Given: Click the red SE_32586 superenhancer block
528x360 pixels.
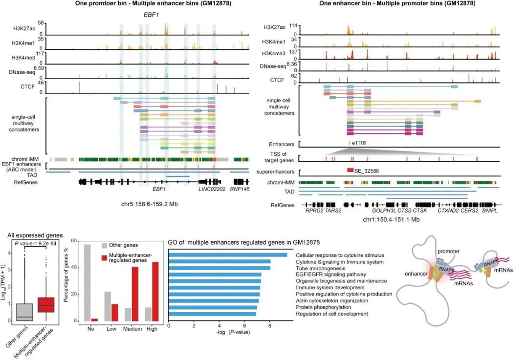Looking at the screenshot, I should point(350,170).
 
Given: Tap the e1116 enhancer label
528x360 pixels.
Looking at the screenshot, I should point(358,144).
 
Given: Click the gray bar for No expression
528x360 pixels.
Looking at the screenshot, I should point(87,283).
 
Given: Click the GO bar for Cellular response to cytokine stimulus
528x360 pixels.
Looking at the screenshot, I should point(228,255).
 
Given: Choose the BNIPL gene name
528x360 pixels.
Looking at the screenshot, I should point(490,211).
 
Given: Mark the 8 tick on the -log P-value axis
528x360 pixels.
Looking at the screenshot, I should point(270,325).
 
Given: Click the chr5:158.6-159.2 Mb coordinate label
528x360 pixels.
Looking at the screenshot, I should point(149,202).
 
